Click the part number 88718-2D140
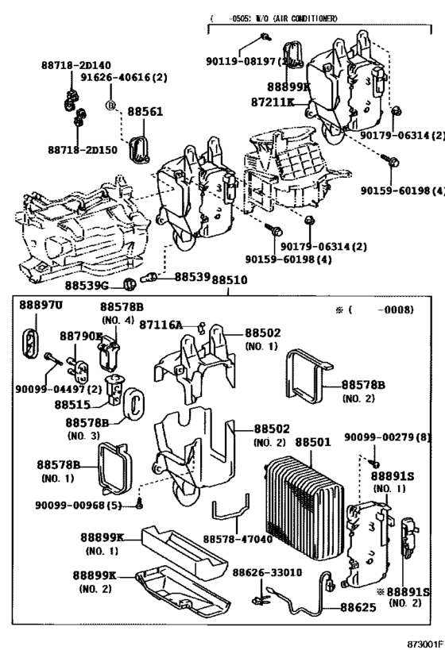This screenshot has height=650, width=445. (79, 64)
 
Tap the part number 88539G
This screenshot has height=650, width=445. (87, 283)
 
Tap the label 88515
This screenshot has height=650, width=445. (72, 404)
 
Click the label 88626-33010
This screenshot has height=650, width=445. (266, 572)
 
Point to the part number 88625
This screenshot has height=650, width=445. (357, 607)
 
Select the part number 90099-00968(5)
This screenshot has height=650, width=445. (78, 506)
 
